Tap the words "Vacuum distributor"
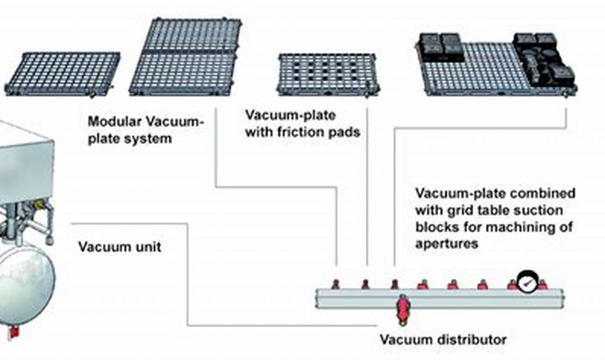click(443, 340)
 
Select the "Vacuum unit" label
click(119, 247)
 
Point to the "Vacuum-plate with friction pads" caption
click(302, 124)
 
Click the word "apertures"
click(446, 243)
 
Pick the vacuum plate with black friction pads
click(327, 74)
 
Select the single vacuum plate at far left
click(63, 73)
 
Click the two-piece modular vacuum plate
click(186, 58)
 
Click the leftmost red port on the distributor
click(335, 284)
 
